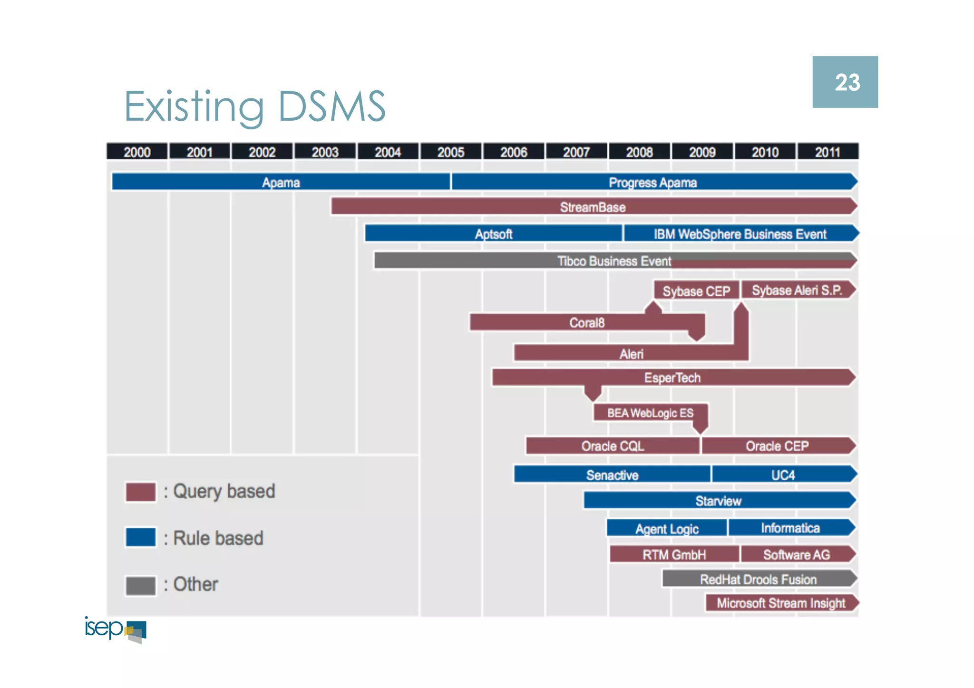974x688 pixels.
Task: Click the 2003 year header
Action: point(325,152)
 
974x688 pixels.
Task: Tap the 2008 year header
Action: point(639,152)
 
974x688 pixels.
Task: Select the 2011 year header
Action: point(828,152)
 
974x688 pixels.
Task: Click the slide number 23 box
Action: point(845,82)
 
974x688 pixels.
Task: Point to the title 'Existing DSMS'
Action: point(255,107)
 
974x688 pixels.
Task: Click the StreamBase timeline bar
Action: point(593,207)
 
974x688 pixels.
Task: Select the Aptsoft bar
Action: point(494,233)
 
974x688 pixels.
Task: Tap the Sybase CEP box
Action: point(696,291)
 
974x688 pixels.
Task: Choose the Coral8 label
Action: point(587,322)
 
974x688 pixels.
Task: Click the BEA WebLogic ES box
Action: point(650,413)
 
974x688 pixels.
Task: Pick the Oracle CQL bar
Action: point(613,446)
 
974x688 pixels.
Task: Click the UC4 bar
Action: point(783,475)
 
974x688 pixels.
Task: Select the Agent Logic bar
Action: point(667,528)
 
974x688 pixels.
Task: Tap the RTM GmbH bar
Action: point(674,554)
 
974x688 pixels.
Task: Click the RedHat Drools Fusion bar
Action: point(758,579)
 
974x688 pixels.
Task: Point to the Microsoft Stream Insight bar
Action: point(781,603)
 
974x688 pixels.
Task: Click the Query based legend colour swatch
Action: point(141,492)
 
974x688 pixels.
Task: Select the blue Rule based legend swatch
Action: point(141,537)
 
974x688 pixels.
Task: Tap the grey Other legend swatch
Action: point(141,585)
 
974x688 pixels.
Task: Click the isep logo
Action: point(116,629)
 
